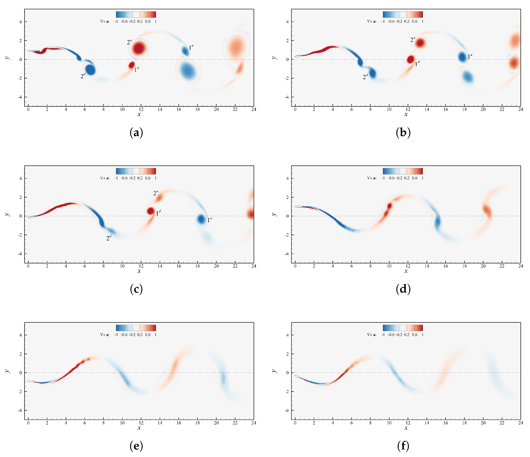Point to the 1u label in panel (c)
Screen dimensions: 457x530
pos(209,220)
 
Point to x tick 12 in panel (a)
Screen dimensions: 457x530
pos(141,110)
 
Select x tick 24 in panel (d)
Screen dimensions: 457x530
pos(521,266)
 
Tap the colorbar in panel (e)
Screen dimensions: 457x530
pos(136,328)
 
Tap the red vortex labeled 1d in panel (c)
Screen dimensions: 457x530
pos(150,211)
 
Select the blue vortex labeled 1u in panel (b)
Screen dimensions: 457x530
pos(462,57)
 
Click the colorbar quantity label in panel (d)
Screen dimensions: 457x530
pos(372,178)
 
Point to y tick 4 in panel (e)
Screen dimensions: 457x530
pos(21,335)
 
